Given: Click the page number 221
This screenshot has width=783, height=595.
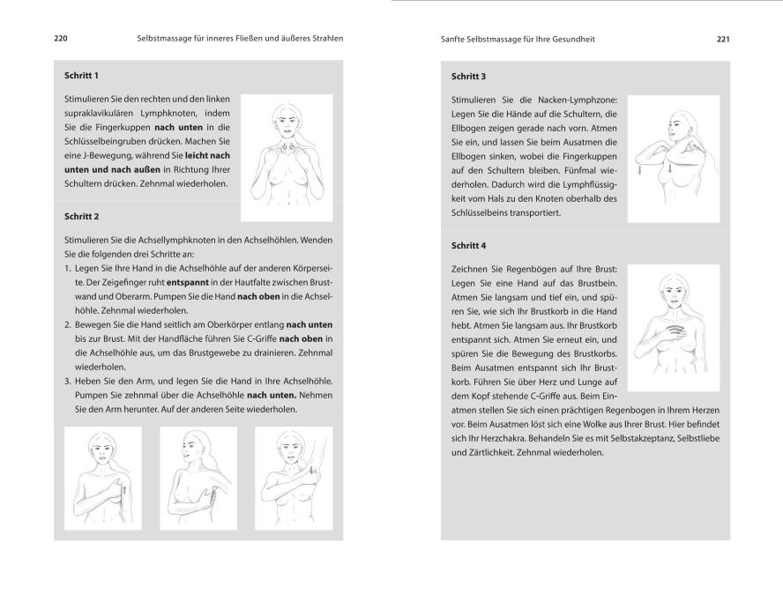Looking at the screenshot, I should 722,39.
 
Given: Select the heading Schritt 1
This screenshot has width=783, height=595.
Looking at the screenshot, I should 82,76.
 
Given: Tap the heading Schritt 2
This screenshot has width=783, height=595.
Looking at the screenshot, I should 82,215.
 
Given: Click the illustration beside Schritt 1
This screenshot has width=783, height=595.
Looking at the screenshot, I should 287,157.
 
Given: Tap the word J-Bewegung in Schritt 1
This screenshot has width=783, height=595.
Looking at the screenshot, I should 99,156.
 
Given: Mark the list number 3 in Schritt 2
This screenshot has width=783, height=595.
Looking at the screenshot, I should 67,381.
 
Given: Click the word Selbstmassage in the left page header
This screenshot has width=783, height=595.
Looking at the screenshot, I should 166,39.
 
